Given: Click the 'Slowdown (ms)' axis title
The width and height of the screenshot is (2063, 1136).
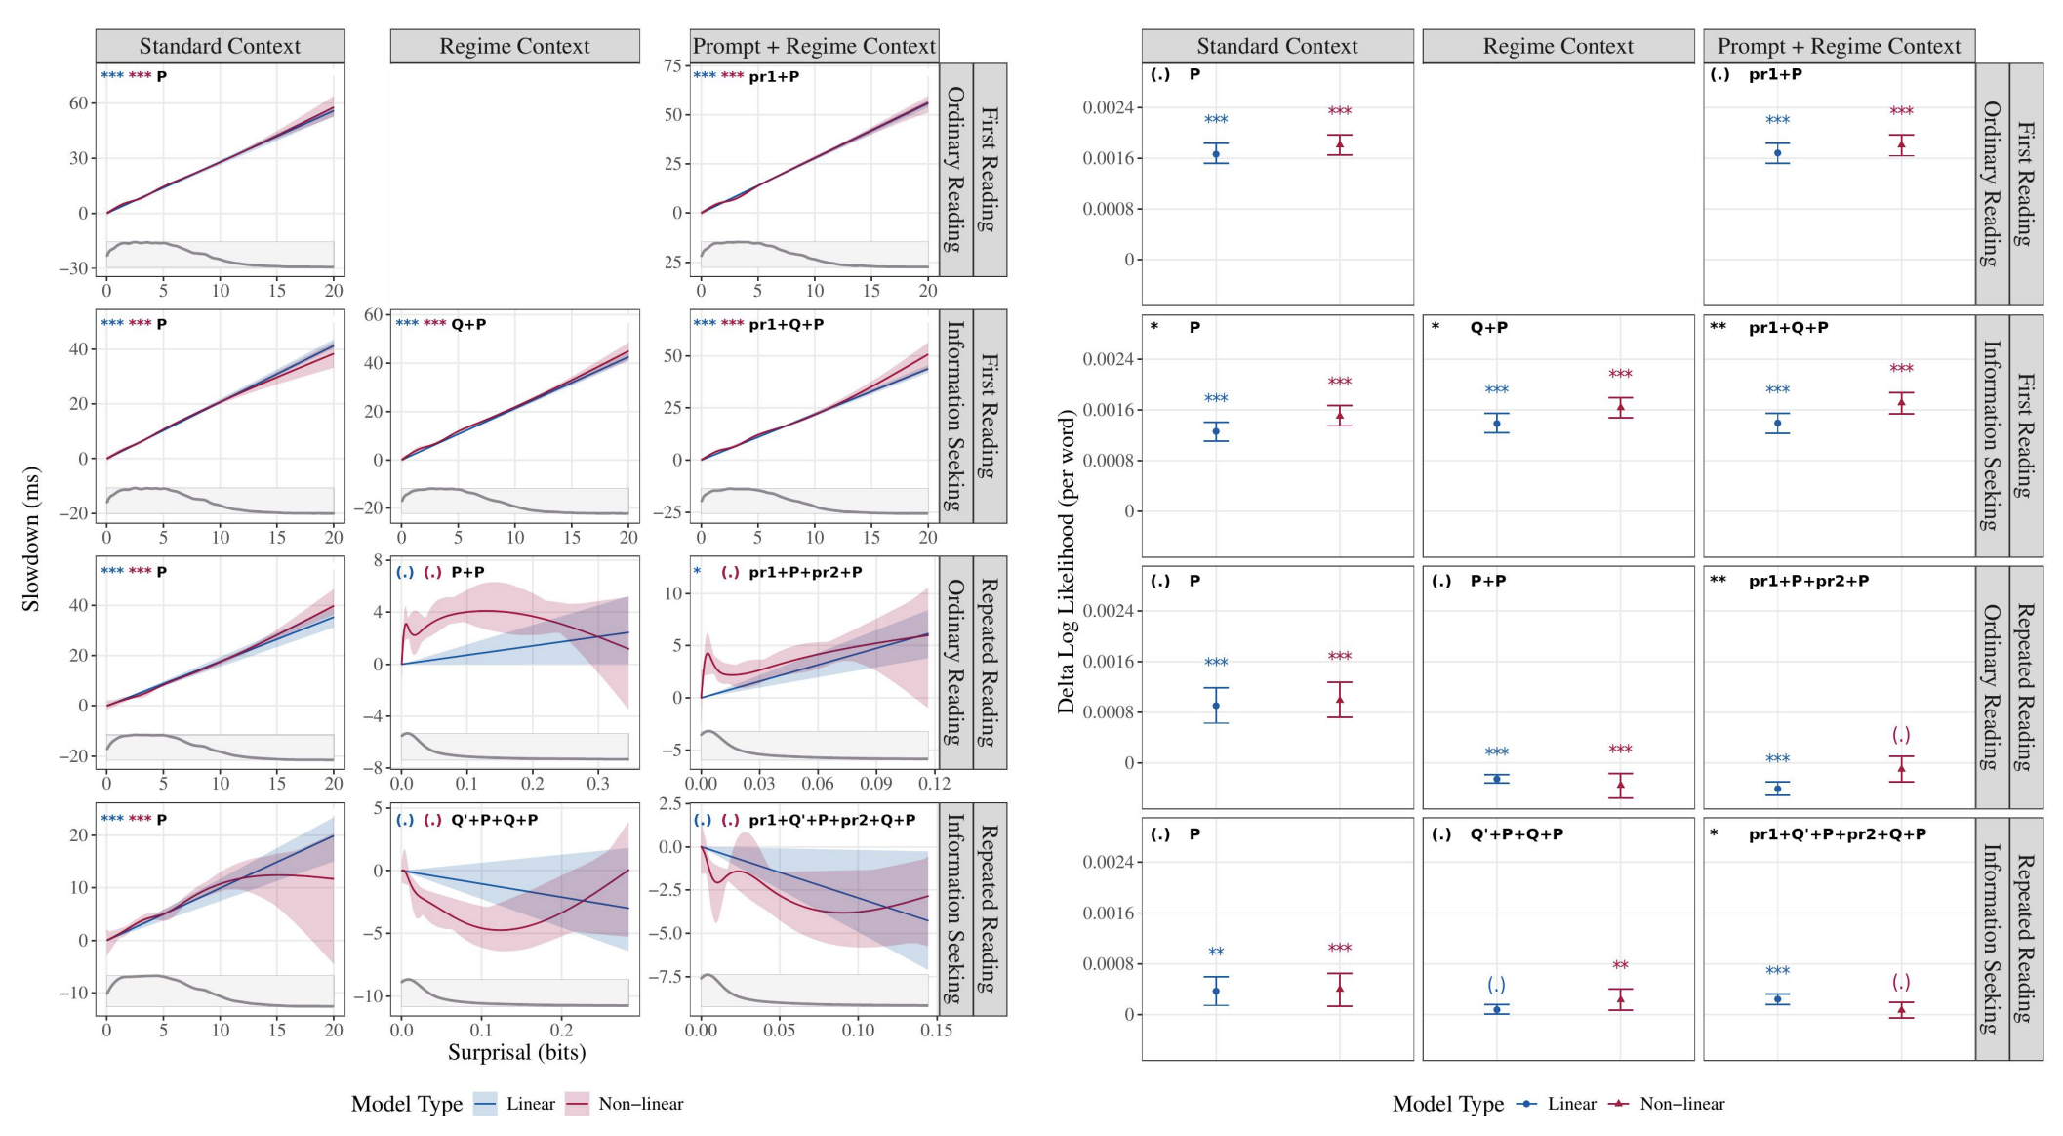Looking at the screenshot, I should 31,539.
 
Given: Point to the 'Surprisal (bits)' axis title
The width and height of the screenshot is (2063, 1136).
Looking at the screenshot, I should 516,1052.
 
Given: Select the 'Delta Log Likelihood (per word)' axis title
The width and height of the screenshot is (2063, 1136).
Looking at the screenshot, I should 1066,562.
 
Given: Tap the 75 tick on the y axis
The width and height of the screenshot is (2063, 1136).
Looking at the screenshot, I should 672,65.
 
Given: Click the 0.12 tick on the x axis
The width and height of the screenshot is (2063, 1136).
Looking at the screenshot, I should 934,783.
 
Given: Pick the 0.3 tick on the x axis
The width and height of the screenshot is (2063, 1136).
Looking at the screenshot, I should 597,783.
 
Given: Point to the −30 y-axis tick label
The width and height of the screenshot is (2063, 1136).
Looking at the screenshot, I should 74,268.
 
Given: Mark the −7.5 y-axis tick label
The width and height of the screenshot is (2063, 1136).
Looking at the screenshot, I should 668,977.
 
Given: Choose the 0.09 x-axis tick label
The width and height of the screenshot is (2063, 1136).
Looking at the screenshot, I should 875,783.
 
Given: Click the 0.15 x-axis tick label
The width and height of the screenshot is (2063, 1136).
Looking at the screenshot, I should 936,1030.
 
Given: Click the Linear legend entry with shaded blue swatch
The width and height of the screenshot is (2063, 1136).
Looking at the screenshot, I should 515,1104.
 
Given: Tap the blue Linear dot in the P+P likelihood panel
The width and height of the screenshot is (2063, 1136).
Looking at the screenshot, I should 1496,779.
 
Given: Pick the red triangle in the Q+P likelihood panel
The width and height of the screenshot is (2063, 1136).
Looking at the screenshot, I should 1620,408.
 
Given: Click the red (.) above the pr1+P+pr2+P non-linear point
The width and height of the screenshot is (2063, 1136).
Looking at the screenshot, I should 1900,735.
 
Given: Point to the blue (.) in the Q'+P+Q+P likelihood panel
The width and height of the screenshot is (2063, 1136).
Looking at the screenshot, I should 1496,985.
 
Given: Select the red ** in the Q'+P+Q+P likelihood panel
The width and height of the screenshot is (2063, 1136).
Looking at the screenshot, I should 1620,966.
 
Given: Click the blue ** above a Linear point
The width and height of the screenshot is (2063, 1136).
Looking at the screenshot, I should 1216,953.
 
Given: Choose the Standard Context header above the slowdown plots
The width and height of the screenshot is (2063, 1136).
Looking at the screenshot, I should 220,46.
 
